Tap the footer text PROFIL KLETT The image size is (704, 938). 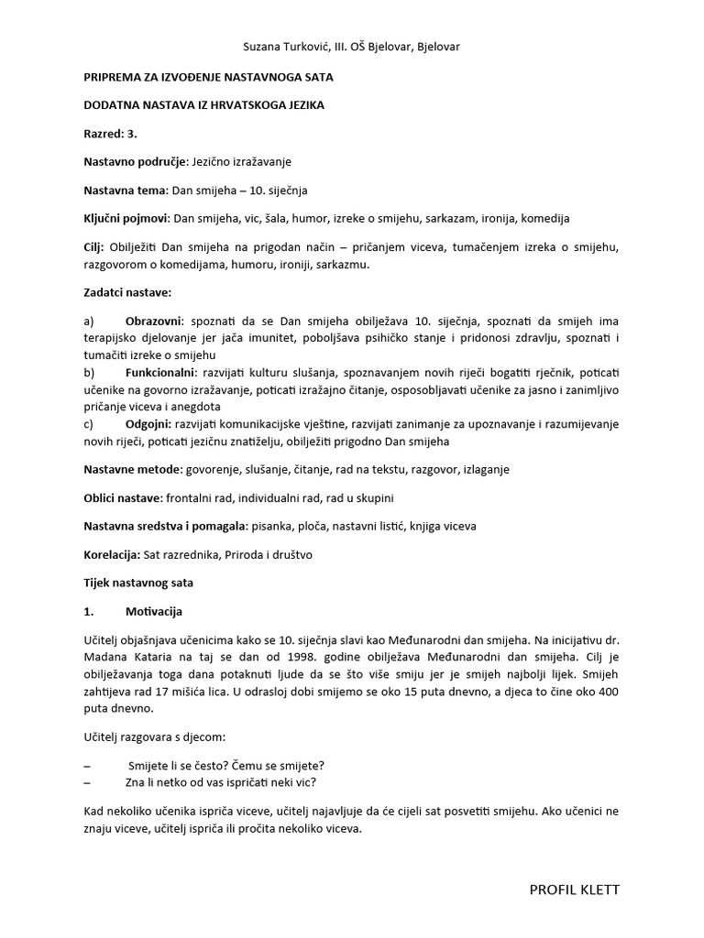(575, 889)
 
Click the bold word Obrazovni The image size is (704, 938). (155, 322)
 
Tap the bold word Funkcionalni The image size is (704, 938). (159, 373)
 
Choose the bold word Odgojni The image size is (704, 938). (150, 424)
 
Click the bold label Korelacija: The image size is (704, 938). (111, 554)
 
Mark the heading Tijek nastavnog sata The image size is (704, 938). (138, 583)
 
